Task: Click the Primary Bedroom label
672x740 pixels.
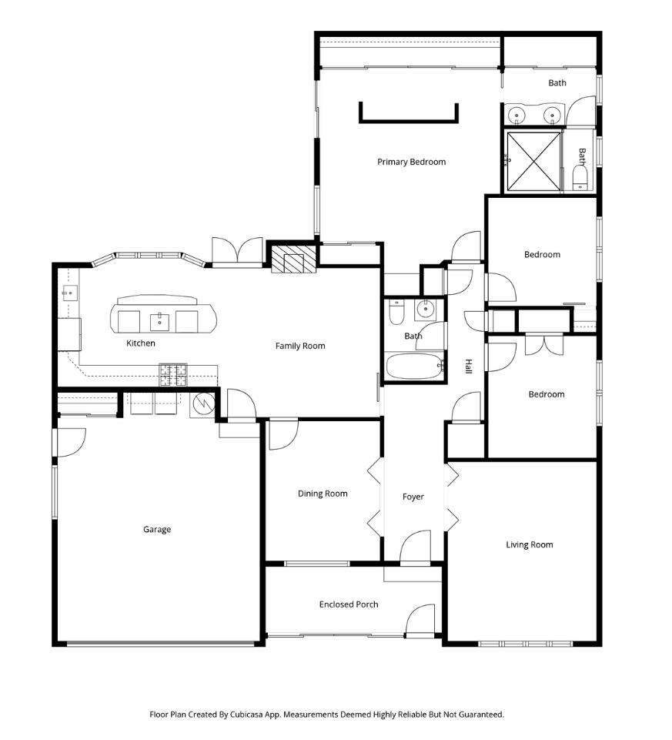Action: tap(411, 162)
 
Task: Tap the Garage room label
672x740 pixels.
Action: tap(157, 529)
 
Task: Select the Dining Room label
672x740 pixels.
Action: tap(323, 494)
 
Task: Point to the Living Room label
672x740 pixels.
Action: tap(529, 544)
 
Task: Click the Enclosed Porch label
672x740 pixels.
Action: tap(349, 604)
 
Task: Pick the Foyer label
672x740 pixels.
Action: tap(413, 497)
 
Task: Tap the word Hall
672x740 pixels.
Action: tap(467, 367)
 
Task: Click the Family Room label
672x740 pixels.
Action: tap(300, 346)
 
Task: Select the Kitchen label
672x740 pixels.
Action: tap(141, 343)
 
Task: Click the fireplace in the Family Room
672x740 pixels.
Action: tap(293, 263)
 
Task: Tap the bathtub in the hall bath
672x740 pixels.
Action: tap(414, 366)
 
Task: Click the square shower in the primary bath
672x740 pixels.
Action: tap(533, 162)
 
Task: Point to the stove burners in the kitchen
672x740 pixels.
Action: tap(174, 374)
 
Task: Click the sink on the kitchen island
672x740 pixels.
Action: tap(160, 321)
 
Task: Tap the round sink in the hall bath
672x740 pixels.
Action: tap(424, 311)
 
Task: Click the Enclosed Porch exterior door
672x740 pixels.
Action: tap(420, 621)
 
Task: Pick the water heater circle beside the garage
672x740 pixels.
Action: tap(204, 403)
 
